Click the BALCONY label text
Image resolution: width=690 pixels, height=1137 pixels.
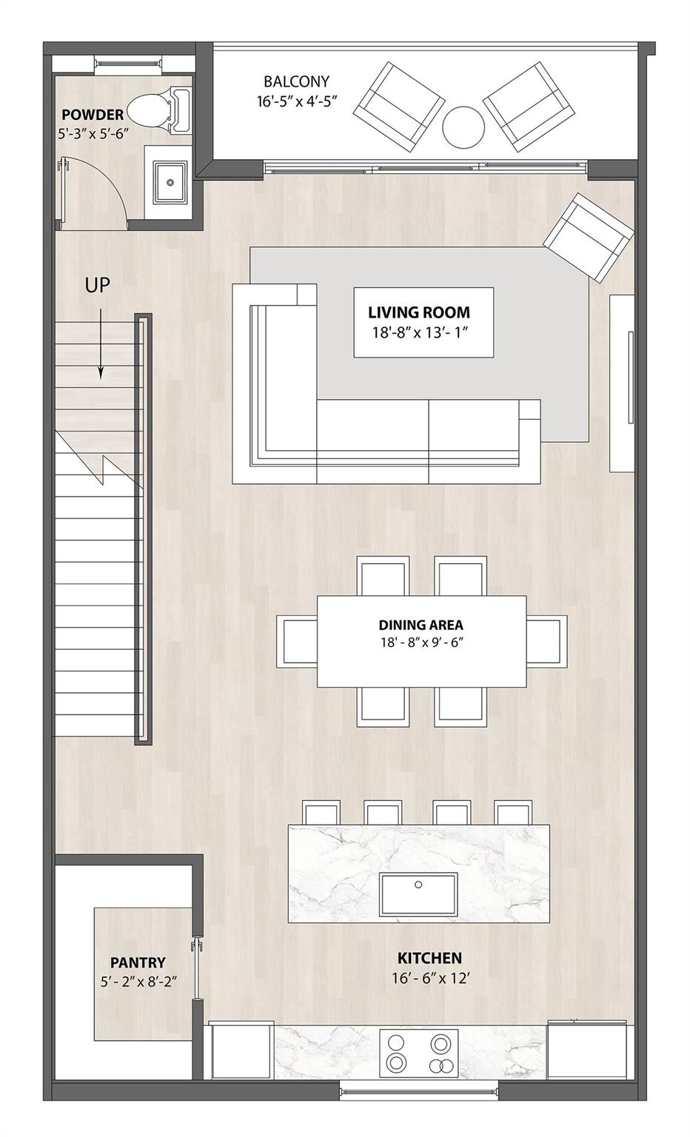tap(296, 81)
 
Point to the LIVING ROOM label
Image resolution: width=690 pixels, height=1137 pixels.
tap(419, 312)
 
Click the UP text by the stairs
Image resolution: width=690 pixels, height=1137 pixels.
tap(97, 285)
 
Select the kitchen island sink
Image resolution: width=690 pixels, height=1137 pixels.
tap(418, 894)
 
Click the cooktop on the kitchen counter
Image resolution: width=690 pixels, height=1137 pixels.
tap(419, 1053)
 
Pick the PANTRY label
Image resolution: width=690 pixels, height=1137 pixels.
tap(138, 962)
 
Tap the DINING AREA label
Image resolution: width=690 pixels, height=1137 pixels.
tap(421, 625)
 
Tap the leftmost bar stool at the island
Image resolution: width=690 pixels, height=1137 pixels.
tap(321, 813)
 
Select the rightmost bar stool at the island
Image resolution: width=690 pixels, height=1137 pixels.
tap(512, 813)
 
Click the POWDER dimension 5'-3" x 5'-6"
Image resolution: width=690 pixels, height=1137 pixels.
tap(93, 134)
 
